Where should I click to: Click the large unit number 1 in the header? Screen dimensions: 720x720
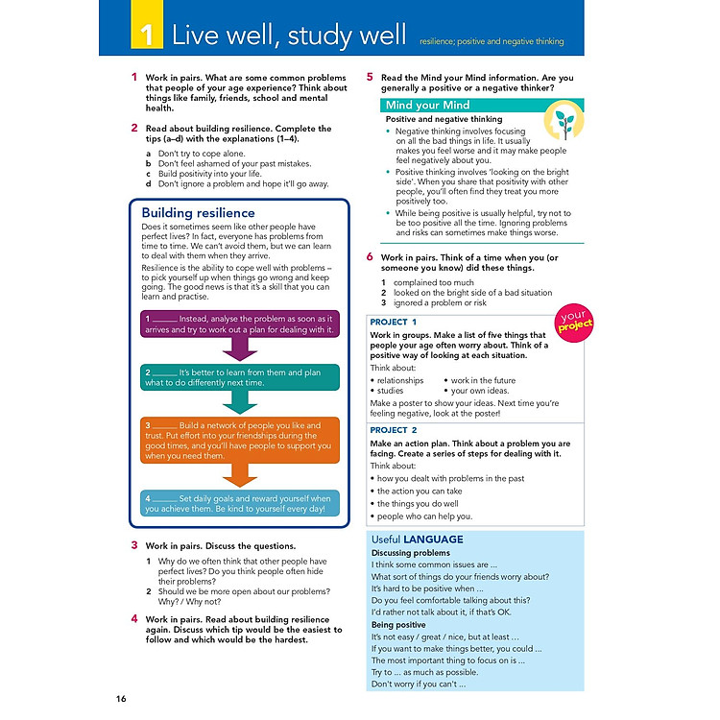click(145, 37)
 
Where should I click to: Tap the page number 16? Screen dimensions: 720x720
click(120, 697)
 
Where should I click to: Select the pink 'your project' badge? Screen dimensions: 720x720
click(573, 322)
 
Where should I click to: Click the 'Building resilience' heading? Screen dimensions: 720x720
click(199, 212)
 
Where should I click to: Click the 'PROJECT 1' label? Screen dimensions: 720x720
click(394, 322)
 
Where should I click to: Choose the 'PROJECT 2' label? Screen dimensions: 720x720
click(394, 430)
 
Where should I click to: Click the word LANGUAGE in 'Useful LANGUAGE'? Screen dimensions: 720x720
click(433, 540)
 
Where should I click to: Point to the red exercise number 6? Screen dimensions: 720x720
click(370, 257)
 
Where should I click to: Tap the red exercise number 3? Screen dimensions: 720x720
click(134, 544)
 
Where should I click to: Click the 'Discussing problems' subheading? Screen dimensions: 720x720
click(410, 553)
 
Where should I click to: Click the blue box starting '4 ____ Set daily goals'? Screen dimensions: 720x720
click(240, 503)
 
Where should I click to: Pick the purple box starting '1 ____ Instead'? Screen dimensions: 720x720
click(240, 323)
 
